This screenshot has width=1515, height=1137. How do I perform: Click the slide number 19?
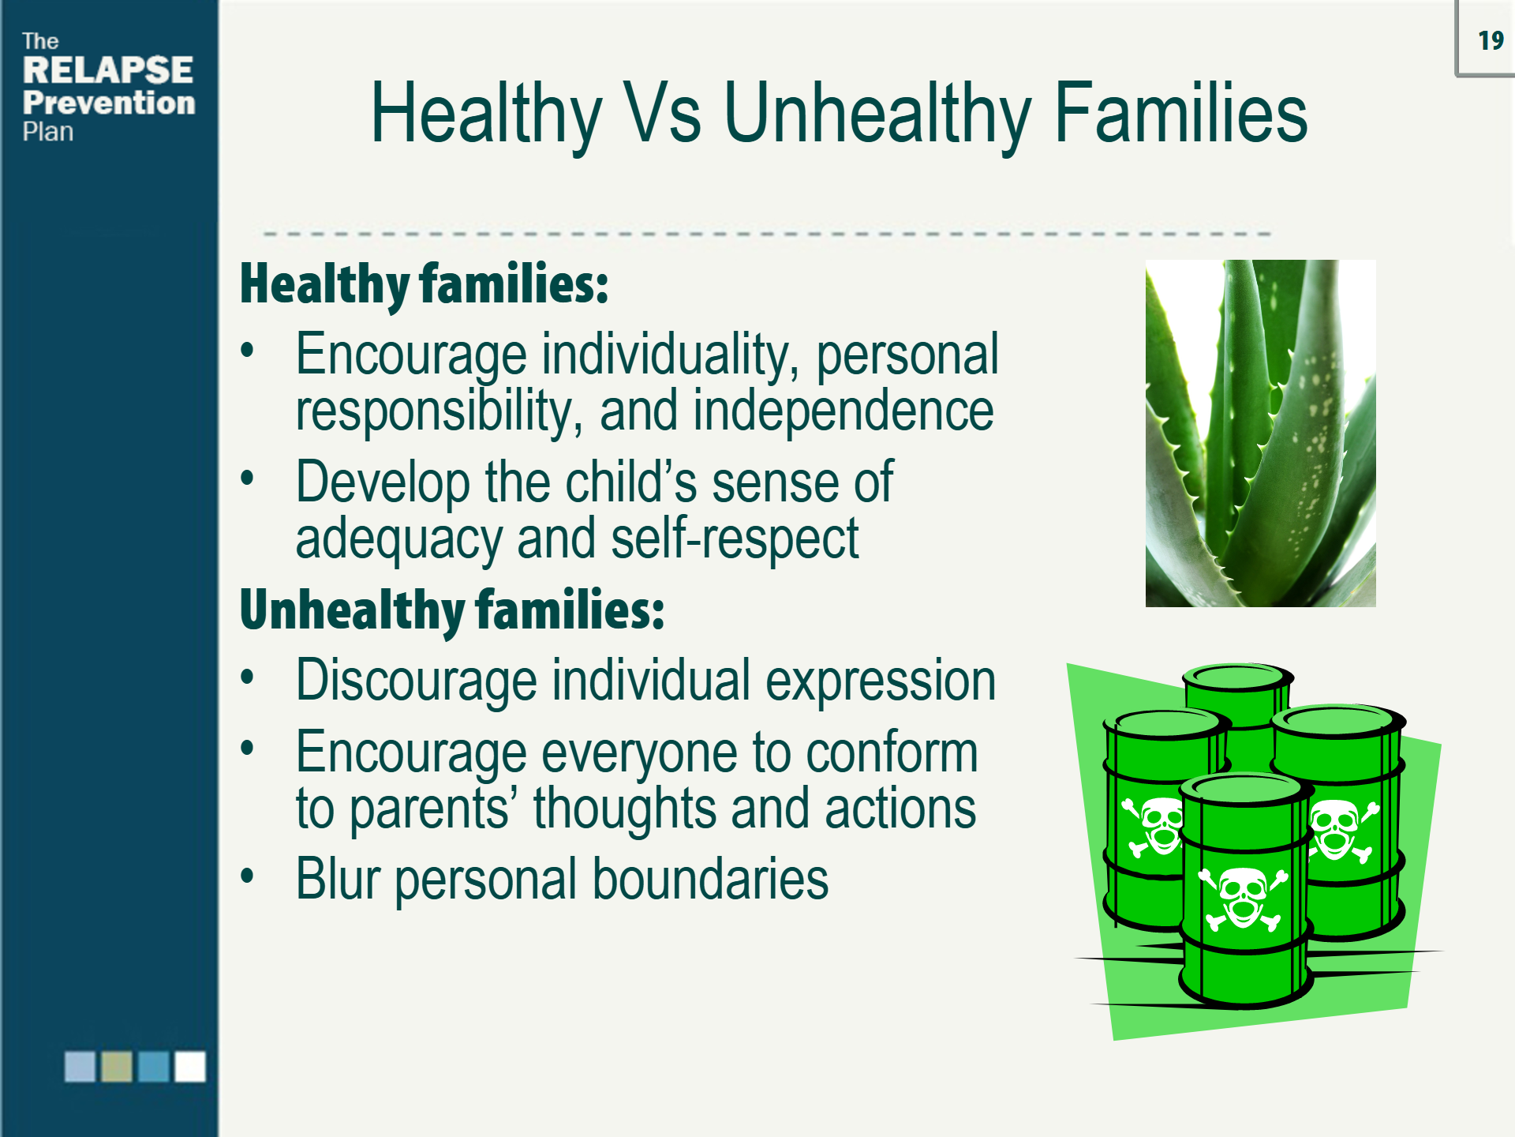point(1490,40)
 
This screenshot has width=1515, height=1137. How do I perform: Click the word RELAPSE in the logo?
point(108,70)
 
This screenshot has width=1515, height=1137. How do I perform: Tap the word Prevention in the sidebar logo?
point(109,103)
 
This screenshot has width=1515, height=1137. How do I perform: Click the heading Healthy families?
point(424,284)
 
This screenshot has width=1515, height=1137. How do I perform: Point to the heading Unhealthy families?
point(451,610)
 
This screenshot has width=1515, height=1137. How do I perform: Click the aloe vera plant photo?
point(1260,433)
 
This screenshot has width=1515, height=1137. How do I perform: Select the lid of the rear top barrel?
point(1236,677)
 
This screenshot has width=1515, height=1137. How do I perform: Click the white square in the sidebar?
point(190,1066)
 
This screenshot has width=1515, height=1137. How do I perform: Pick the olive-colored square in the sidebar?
point(117,1066)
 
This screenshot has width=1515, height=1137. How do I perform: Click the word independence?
point(843,411)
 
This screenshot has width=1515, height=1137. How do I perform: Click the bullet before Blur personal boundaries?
point(248,875)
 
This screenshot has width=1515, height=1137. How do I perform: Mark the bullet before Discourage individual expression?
point(248,677)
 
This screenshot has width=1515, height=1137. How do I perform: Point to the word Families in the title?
point(1180,114)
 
